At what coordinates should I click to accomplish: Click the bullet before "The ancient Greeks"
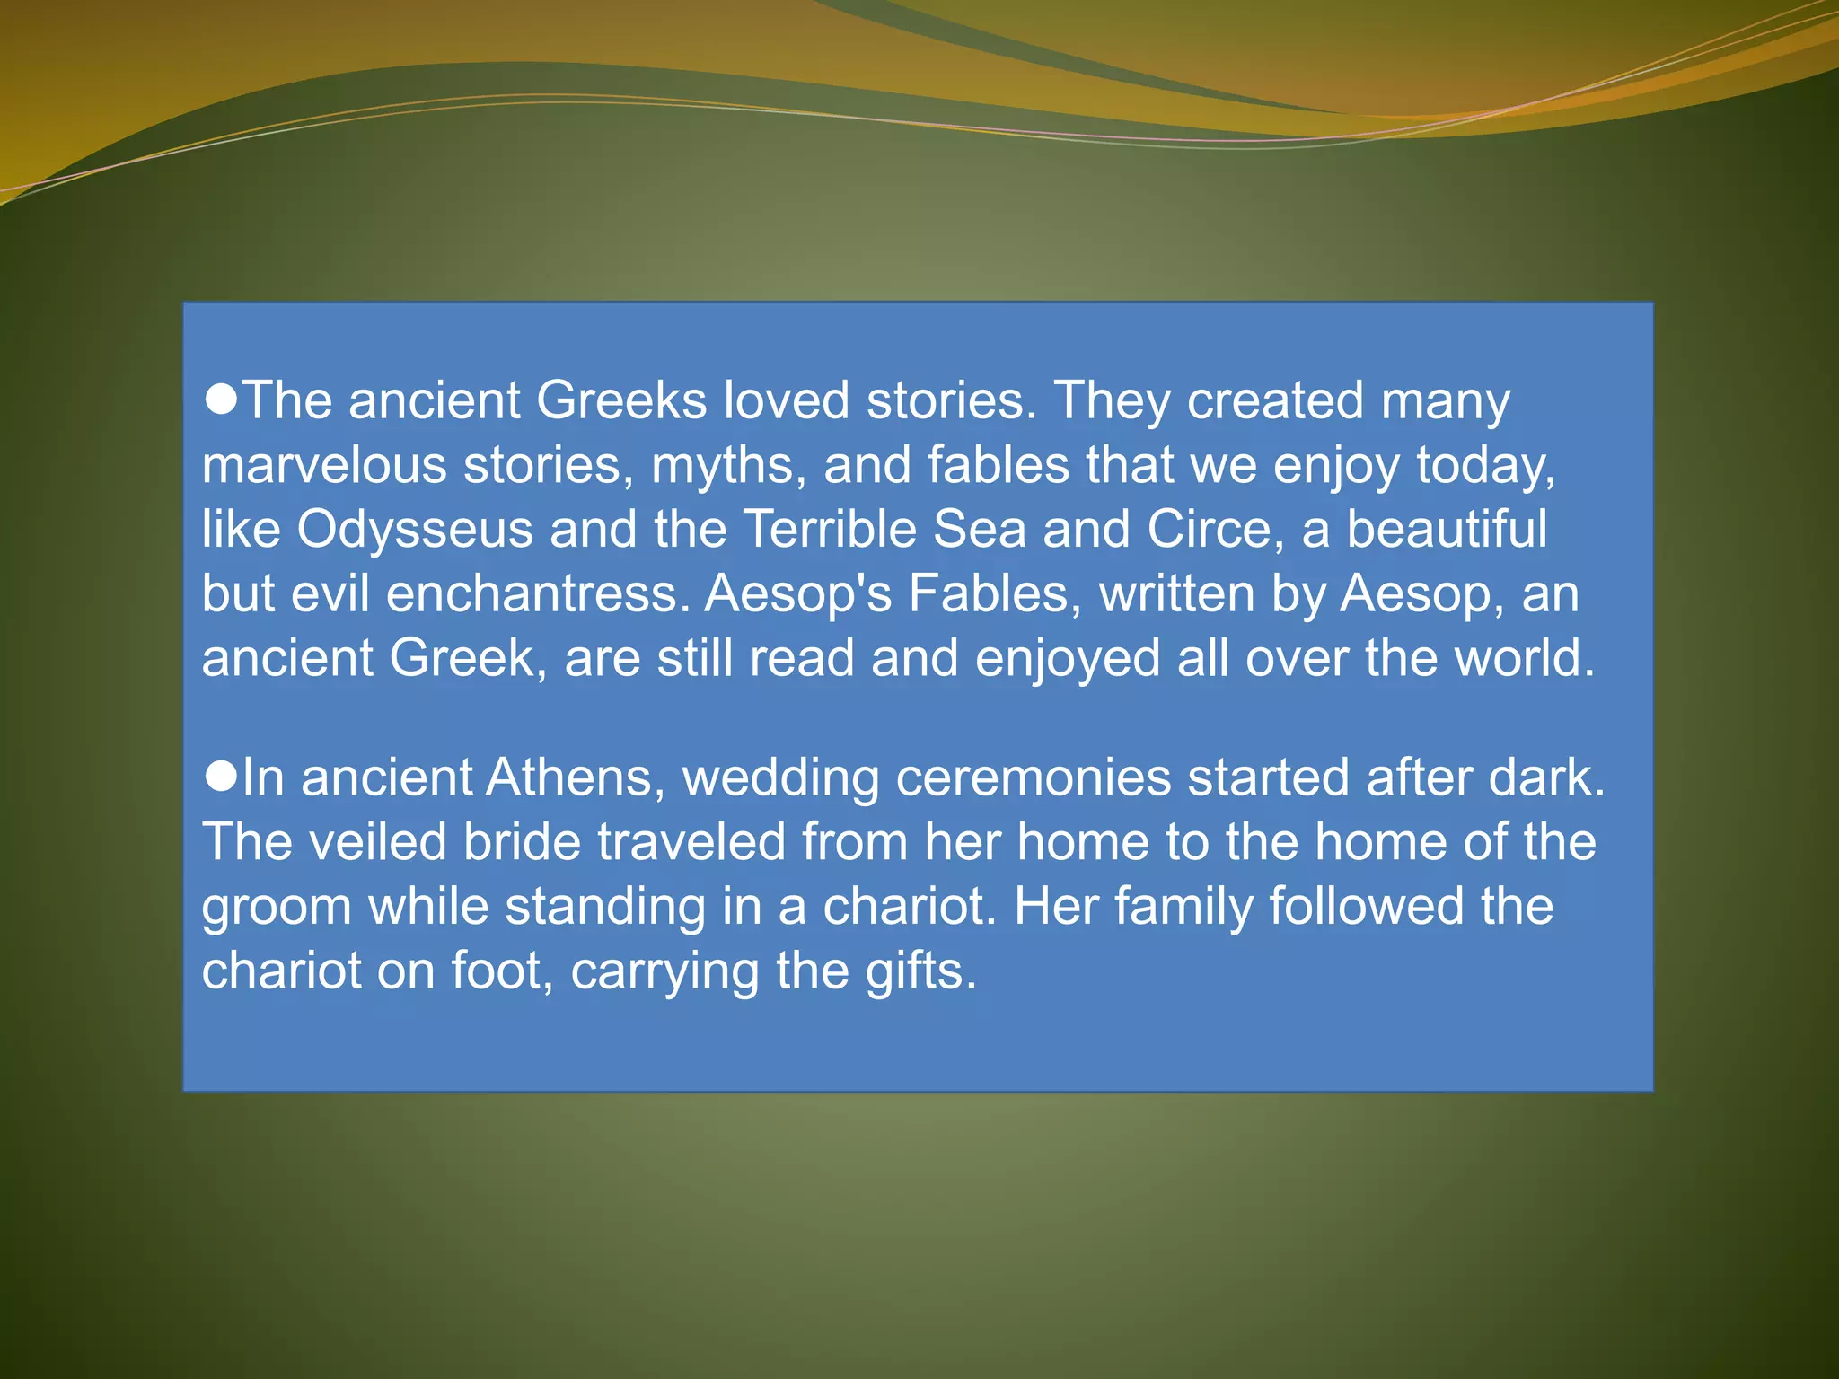coord(221,399)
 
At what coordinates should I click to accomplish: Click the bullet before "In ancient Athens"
coord(221,776)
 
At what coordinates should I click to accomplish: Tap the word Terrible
coord(832,530)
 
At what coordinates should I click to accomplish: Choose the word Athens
coord(568,777)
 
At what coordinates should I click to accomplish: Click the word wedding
coord(780,777)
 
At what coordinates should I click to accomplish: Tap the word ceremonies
coord(1034,777)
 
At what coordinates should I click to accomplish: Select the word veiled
coord(378,842)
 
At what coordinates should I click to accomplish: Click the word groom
coord(277,907)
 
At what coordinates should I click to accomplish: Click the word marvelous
coord(324,465)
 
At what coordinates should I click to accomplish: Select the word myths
coord(726,465)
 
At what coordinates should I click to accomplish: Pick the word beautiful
coord(1447,530)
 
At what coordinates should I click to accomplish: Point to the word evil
coord(329,594)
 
